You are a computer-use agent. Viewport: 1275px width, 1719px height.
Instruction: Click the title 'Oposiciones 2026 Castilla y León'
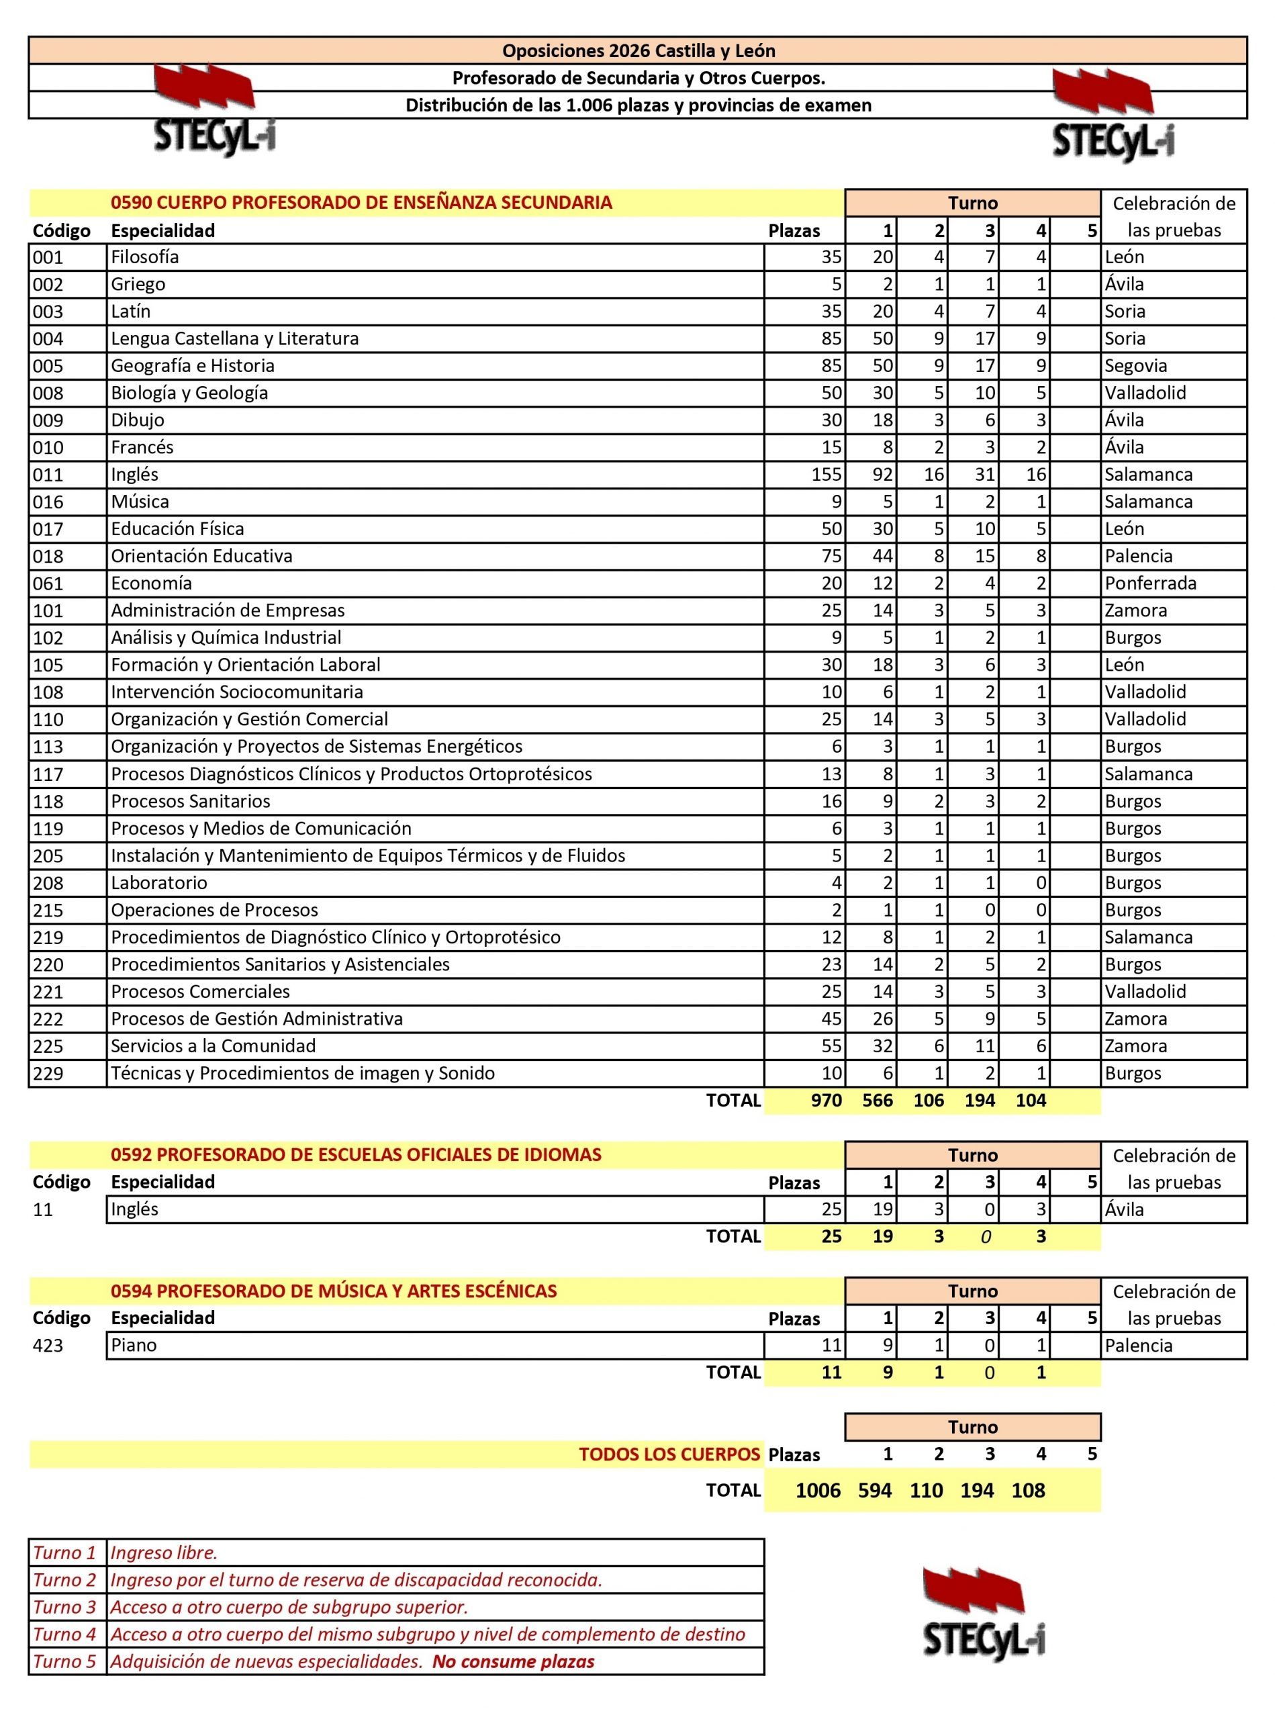click(x=639, y=51)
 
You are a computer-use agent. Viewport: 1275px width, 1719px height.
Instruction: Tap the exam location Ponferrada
click(x=1150, y=584)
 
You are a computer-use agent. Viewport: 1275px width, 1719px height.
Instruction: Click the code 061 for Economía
click(x=48, y=584)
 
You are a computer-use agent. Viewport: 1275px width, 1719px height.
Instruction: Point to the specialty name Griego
click(x=138, y=284)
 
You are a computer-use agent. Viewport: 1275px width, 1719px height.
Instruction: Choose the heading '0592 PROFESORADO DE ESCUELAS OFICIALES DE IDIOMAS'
click(x=356, y=1155)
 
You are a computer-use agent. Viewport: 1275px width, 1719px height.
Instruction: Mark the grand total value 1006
click(x=817, y=1490)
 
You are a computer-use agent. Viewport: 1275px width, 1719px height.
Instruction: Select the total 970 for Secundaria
click(x=826, y=1101)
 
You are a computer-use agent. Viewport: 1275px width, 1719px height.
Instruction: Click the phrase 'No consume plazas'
click(x=513, y=1661)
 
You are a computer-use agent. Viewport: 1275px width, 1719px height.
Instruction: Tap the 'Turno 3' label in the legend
click(x=65, y=1607)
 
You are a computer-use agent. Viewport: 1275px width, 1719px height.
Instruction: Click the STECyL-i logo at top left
click(x=214, y=112)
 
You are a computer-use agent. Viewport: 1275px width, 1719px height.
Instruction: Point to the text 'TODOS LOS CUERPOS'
click(x=669, y=1454)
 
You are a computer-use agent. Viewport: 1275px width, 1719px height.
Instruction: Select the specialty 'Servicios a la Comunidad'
click(x=213, y=1046)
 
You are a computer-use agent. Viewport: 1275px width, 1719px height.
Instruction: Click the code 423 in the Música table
click(x=48, y=1346)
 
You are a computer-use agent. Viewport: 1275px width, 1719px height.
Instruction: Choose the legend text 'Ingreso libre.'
click(x=164, y=1553)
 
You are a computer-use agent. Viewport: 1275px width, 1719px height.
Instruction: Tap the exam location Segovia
click(x=1135, y=366)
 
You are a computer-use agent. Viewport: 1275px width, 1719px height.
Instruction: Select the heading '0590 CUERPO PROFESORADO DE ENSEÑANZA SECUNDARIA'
click(x=361, y=203)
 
